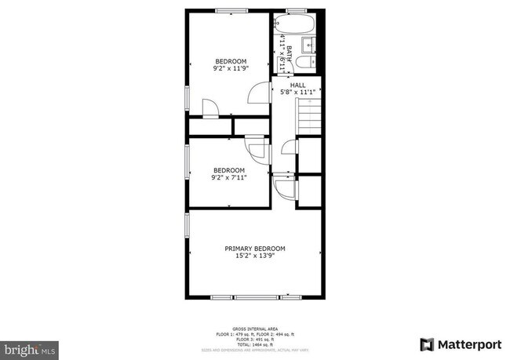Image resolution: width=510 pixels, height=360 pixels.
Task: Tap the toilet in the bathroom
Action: (311, 60)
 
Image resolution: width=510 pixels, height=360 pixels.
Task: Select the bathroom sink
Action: (309, 42)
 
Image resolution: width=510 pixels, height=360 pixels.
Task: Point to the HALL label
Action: (298, 85)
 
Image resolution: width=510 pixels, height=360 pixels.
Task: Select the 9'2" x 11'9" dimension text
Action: (231, 68)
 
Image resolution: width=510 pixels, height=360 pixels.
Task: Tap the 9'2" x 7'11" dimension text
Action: (229, 177)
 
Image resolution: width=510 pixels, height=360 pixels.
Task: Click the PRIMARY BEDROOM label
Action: (255, 248)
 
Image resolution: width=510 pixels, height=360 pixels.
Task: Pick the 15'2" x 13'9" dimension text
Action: (255, 256)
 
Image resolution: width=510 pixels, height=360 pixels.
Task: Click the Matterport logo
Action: (460, 344)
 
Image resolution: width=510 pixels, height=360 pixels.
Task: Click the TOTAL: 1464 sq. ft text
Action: (255, 345)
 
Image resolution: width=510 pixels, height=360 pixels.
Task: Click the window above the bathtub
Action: (295, 10)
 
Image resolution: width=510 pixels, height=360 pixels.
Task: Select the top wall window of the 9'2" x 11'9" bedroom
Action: (228, 10)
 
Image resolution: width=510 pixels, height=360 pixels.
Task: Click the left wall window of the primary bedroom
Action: (187, 225)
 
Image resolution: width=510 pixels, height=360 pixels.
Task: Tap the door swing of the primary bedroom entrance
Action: (284, 187)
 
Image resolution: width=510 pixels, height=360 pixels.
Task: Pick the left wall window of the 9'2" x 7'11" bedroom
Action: (187, 162)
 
